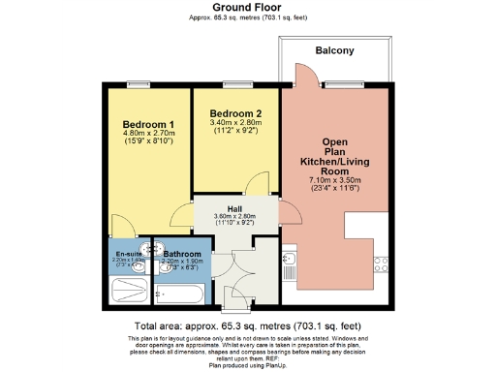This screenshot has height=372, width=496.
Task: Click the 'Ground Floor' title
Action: pyautogui.click(x=247, y=8)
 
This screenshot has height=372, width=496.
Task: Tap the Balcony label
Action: pyautogui.click(x=335, y=50)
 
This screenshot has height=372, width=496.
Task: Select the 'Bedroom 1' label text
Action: pyautogui.click(x=148, y=125)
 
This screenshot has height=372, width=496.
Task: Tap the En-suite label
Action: pyautogui.click(x=127, y=254)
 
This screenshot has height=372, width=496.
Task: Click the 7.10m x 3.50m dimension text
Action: pyautogui.click(x=335, y=180)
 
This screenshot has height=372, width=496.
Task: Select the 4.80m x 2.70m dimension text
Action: pyautogui.click(x=148, y=135)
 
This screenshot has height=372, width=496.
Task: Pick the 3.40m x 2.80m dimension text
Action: pyautogui.click(x=235, y=123)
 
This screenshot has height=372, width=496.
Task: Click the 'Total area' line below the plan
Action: pyautogui.click(x=248, y=327)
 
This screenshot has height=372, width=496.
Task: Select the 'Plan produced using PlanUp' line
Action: pyautogui.click(x=248, y=365)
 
